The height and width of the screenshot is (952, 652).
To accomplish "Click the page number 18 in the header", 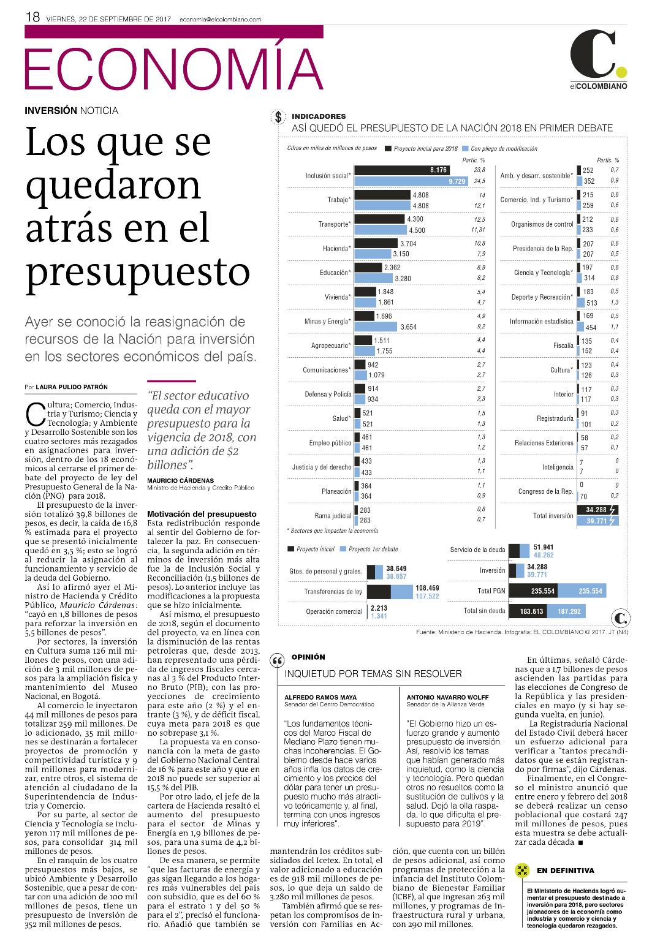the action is [x=32, y=17].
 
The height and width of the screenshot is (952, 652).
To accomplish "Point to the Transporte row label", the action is [x=335, y=224].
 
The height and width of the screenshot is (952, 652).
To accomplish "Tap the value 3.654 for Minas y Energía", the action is [x=409, y=327].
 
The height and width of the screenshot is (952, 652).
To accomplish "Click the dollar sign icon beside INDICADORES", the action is [x=278, y=117].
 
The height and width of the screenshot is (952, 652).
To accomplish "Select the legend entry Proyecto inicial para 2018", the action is [x=421, y=148].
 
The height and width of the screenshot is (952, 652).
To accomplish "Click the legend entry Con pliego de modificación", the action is [x=500, y=148].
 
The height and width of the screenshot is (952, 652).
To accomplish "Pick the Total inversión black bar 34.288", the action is [x=597, y=510].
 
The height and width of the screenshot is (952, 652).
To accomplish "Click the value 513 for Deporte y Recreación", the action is [x=592, y=303].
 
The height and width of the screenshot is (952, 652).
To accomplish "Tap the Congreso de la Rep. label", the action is [x=546, y=491].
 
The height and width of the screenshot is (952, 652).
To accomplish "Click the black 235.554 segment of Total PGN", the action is [x=533, y=591].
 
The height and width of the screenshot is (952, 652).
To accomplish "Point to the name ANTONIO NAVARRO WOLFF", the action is [x=447, y=697].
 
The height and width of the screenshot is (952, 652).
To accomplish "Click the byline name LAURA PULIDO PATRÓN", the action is [x=72, y=387].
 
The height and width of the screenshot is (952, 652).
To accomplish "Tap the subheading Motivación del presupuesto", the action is [x=202, y=514].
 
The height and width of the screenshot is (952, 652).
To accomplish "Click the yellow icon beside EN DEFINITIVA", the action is [x=521, y=871].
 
